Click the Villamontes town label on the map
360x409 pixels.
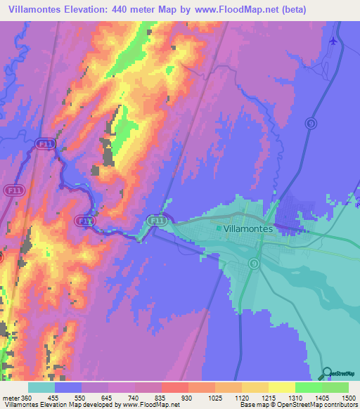click(x=252, y=228)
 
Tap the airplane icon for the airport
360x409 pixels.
click(x=333, y=40)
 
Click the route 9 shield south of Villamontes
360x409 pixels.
click(x=254, y=263)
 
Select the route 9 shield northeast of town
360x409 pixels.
click(x=310, y=124)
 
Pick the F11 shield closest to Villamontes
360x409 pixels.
click(x=158, y=221)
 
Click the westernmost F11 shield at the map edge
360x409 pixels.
click(x=12, y=190)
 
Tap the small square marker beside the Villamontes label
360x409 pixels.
click(x=219, y=228)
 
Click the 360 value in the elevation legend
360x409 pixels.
click(x=27, y=397)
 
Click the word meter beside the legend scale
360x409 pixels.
click(x=10, y=397)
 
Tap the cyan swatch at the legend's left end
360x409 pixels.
click(x=41, y=387)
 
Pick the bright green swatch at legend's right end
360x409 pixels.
click(x=335, y=387)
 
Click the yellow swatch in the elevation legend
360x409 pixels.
click(x=281, y=387)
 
